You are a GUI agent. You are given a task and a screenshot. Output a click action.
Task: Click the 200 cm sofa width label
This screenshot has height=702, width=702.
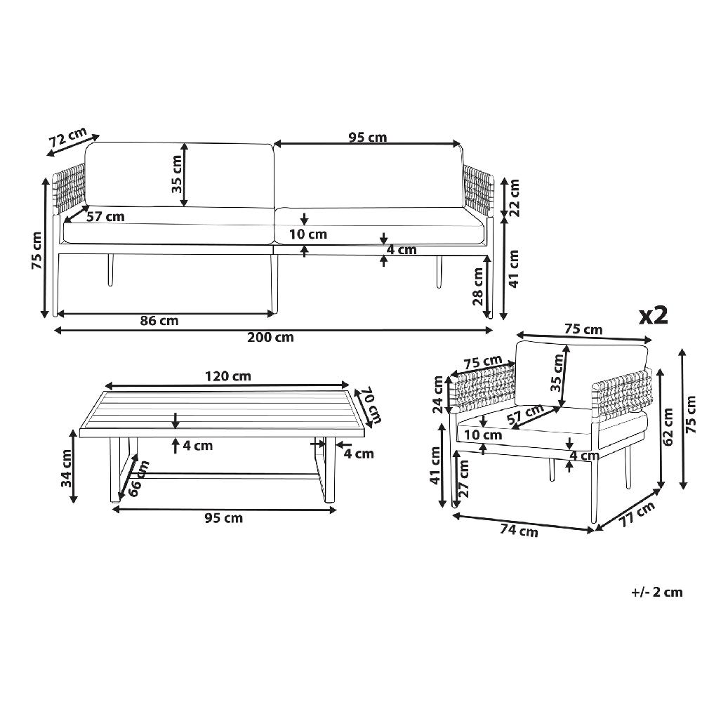(x=270, y=337)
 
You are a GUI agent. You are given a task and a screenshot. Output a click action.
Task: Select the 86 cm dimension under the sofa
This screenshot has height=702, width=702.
(x=159, y=321)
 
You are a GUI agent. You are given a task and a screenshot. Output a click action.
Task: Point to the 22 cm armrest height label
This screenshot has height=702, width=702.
(x=514, y=197)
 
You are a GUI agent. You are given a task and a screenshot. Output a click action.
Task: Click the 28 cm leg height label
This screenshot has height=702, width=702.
(x=477, y=286)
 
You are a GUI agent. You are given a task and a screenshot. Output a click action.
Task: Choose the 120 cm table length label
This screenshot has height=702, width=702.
(x=228, y=376)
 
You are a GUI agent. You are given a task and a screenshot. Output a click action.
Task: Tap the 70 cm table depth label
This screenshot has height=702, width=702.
(x=373, y=406)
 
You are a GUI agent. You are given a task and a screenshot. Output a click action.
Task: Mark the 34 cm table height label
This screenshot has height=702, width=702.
(x=67, y=468)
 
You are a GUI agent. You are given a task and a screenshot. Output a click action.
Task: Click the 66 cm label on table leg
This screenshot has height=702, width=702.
(x=139, y=478)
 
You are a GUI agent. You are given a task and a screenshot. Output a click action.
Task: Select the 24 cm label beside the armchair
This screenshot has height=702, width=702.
(x=438, y=395)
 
